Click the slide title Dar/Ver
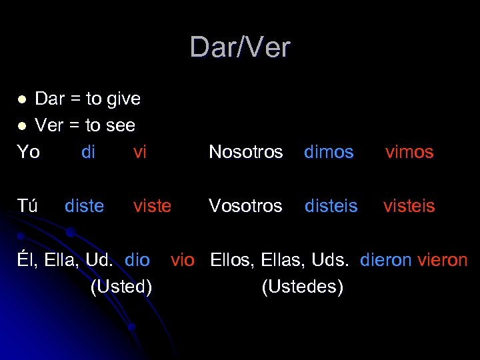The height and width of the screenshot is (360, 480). coord(240,47)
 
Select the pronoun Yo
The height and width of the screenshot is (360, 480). coord(28,152)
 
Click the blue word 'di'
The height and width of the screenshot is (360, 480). coord(88,152)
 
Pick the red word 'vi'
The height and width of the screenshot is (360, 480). coord(139,152)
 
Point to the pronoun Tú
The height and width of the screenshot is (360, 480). coord(27,206)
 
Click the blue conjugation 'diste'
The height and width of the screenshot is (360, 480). coord(84,206)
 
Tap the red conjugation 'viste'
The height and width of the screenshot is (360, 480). coord(152,206)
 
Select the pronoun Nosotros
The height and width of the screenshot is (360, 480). coord(246,152)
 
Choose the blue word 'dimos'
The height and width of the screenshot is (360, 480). coord(329,152)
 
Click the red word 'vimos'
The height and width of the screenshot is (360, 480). coord(409,152)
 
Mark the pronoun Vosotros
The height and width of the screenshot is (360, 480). coord(245,206)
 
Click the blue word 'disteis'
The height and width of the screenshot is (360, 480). coord(331,206)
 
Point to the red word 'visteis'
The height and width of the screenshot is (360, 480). coord(409,206)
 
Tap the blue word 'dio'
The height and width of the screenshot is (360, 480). coord(137,260)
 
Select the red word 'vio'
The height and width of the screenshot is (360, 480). coord(183,260)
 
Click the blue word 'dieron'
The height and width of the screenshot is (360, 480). coord(386,260)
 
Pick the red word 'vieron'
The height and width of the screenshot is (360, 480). coord(443,260)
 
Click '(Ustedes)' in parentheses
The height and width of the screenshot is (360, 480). coord(303,287)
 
